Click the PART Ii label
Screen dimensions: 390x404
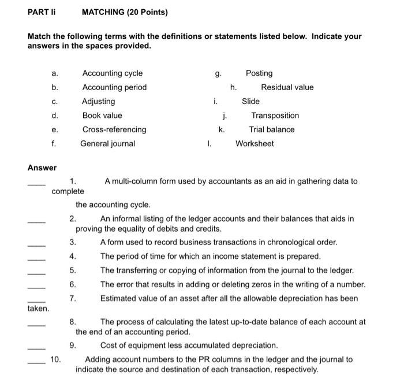(x=41, y=12)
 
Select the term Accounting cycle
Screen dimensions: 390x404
(x=112, y=73)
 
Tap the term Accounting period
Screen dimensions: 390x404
(x=114, y=87)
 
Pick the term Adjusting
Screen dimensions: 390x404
(x=99, y=101)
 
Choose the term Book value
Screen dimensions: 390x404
(x=102, y=116)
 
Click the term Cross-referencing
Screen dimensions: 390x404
(x=114, y=129)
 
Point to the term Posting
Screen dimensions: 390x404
(x=259, y=73)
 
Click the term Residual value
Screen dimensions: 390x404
(x=287, y=87)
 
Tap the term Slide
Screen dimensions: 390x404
(x=250, y=101)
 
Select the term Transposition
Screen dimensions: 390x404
(x=275, y=116)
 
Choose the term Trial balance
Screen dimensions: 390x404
(x=272, y=129)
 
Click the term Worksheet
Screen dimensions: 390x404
(x=255, y=143)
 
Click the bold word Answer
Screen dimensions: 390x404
(x=42, y=168)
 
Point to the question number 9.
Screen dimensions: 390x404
(x=72, y=346)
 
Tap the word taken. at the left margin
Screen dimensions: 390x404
(x=38, y=309)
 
